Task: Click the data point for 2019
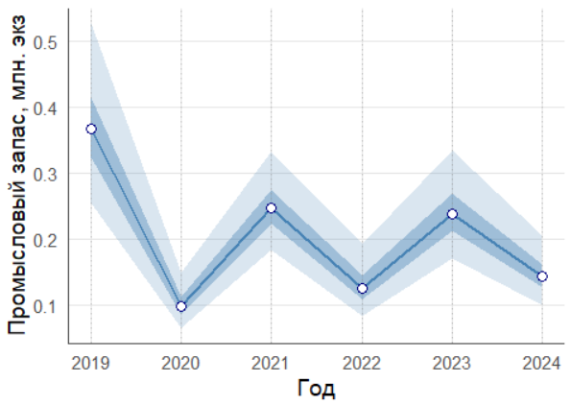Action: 91,129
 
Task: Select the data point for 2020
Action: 181,306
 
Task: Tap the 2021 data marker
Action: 271,208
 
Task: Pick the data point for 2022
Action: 362,288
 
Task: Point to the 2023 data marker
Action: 452,214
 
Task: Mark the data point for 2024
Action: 542,276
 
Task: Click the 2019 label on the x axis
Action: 90,364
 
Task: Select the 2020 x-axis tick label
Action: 180,364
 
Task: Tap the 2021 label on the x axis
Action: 271,364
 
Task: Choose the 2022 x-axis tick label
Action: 361,364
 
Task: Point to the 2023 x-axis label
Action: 452,364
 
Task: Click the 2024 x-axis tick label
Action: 541,364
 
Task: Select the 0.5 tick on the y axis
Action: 45,43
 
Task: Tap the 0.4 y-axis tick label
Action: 45,108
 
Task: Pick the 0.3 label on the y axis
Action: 45,175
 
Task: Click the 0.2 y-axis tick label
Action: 45,241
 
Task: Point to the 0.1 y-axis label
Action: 45,306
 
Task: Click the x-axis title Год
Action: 316,388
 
